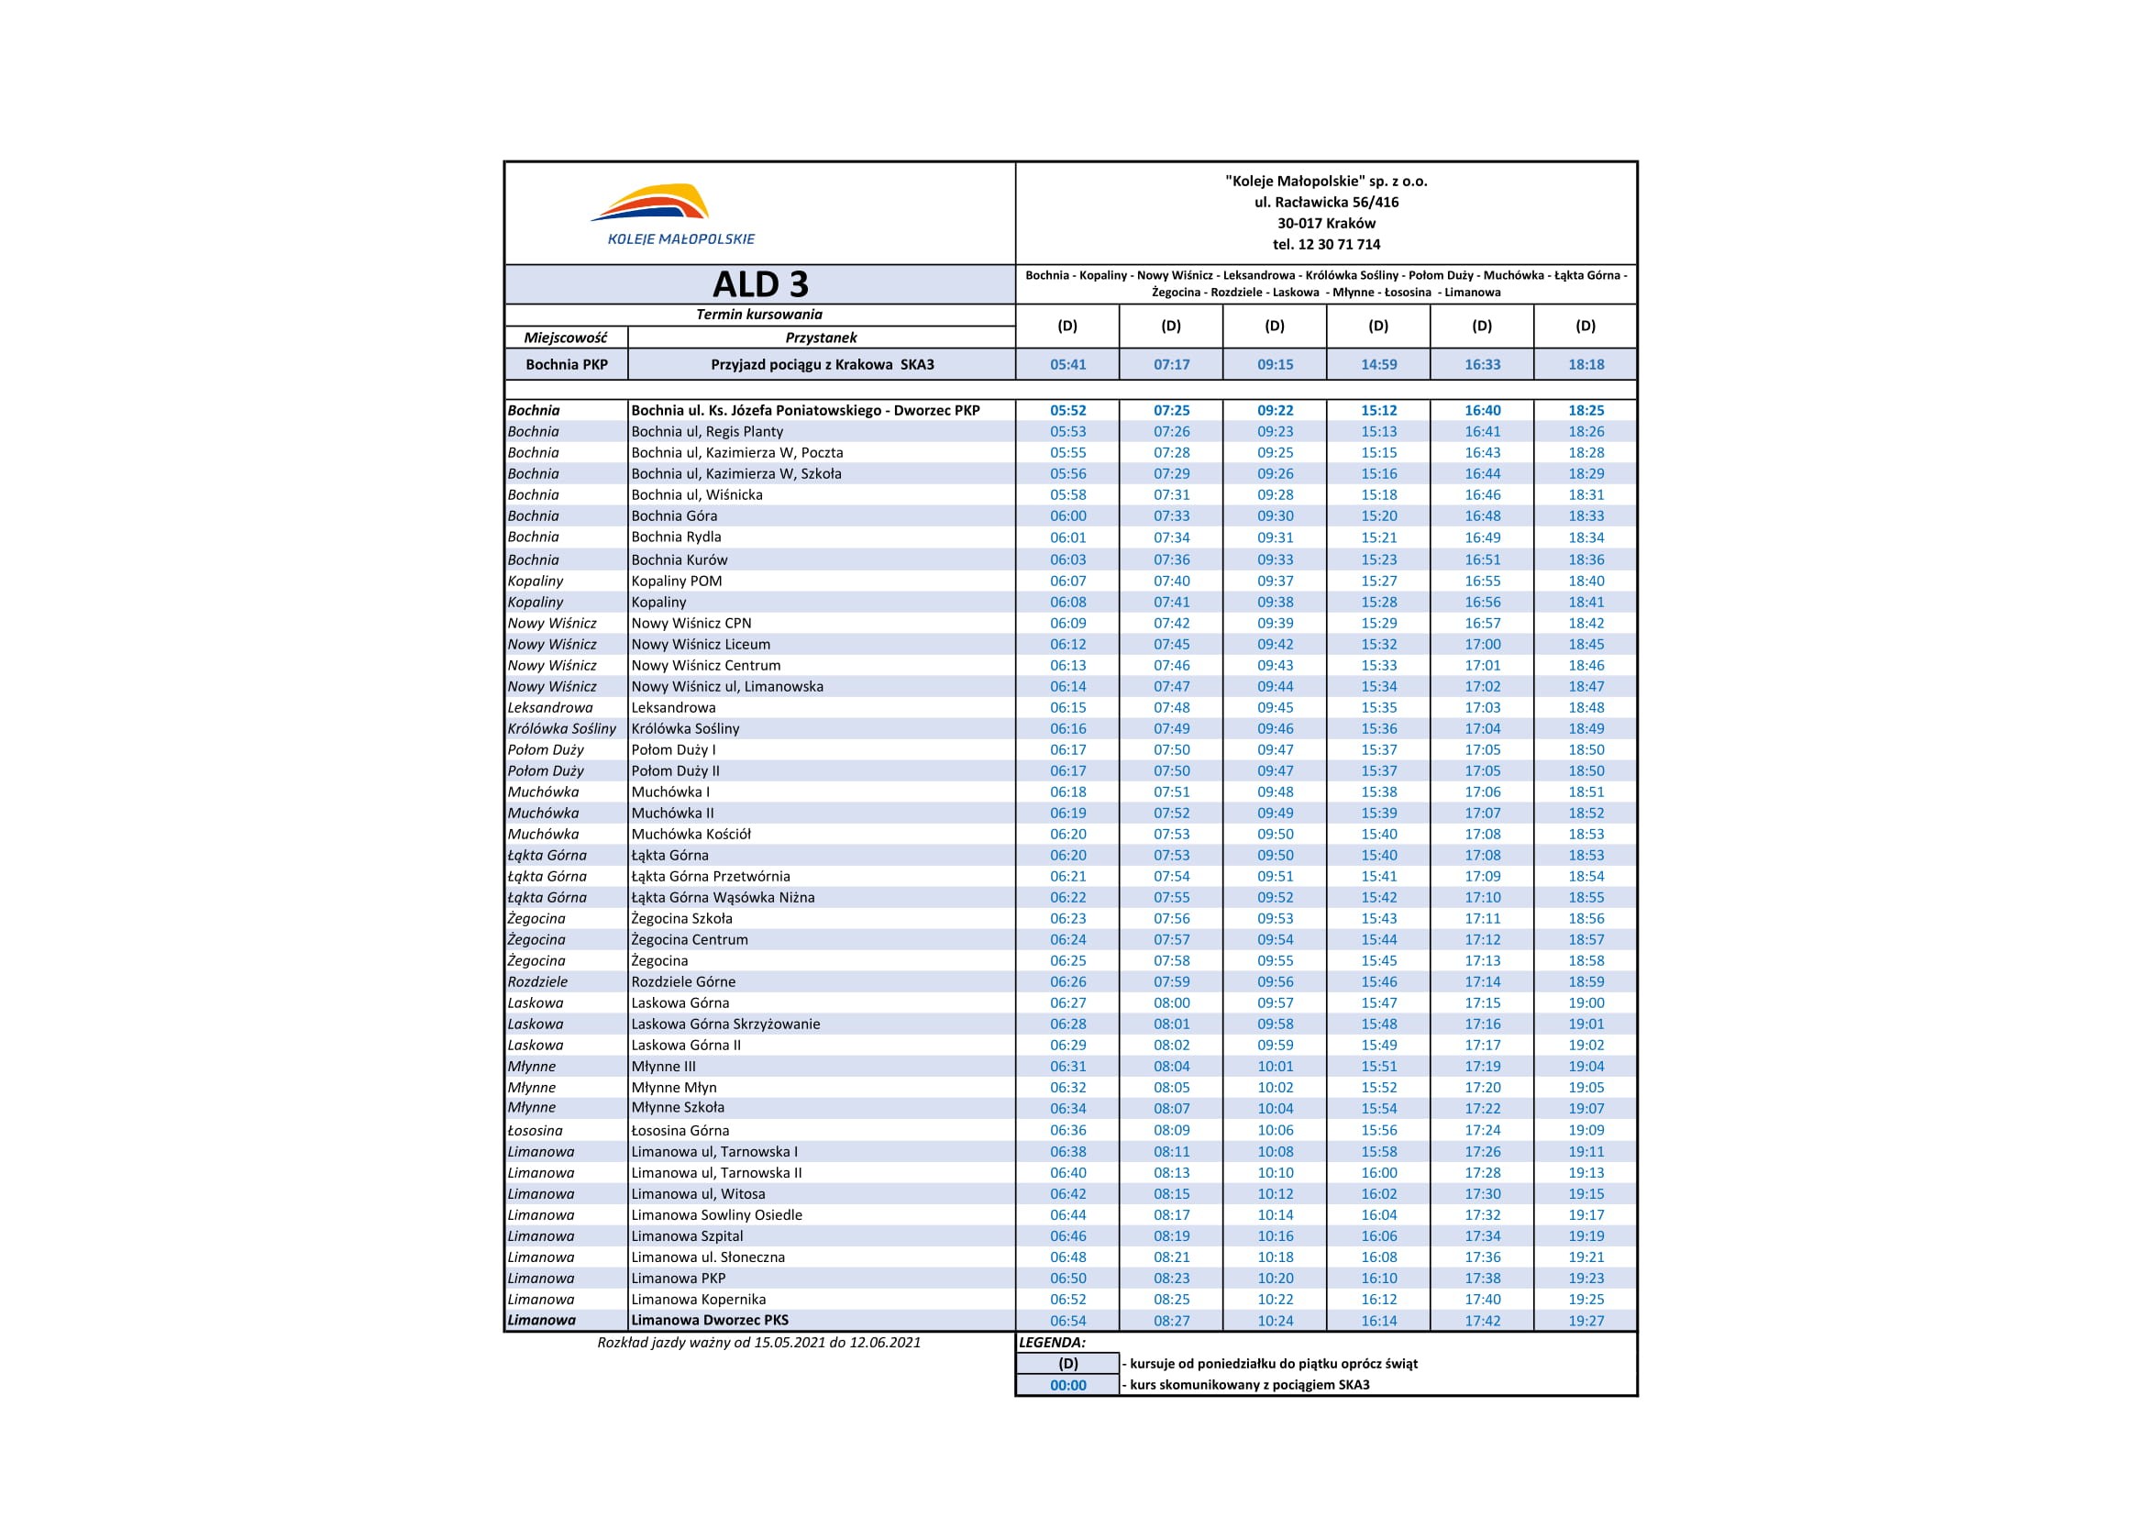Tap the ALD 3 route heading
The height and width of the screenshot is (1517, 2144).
(760, 284)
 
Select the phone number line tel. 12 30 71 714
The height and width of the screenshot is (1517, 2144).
(1326, 245)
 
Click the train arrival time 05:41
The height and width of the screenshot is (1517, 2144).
(1067, 364)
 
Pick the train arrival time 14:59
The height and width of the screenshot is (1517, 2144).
(1378, 364)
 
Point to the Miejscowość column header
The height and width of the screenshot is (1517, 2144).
(565, 338)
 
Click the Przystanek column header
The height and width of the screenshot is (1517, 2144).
(821, 338)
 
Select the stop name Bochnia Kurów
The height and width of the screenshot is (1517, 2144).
(679, 559)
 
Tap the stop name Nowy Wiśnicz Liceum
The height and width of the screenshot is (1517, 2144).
(701, 645)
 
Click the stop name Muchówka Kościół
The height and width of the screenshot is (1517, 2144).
(691, 834)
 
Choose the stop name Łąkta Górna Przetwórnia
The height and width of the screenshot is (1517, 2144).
(711, 876)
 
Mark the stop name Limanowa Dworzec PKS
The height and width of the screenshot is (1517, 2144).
(710, 1320)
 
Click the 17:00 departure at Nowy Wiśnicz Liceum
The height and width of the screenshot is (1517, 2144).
(1482, 645)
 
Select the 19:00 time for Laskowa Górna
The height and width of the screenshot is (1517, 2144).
(1586, 1003)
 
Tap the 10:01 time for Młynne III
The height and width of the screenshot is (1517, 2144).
(1275, 1067)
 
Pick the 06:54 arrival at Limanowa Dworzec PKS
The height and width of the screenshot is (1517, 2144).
(1067, 1321)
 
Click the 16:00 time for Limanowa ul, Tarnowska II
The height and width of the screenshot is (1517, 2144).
(1378, 1173)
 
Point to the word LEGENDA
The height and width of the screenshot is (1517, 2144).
(1052, 1343)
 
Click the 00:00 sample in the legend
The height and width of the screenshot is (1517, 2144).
(1067, 1385)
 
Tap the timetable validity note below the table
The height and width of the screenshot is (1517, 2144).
(758, 1343)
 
